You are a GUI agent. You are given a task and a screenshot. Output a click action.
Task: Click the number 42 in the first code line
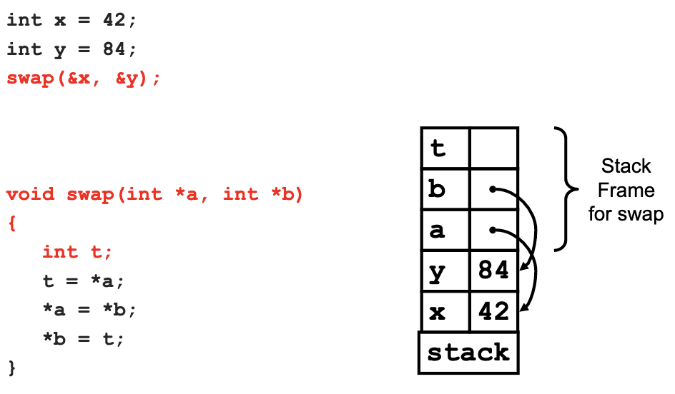pyautogui.click(x=114, y=20)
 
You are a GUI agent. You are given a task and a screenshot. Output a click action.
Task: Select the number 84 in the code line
pyautogui.click(x=114, y=49)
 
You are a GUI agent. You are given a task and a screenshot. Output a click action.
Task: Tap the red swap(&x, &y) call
pyautogui.click(x=84, y=79)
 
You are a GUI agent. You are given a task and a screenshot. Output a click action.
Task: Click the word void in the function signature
pyautogui.click(x=31, y=194)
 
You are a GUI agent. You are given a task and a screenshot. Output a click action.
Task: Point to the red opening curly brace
pyautogui.click(x=12, y=223)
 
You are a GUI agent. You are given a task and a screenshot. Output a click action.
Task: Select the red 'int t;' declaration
pyautogui.click(x=77, y=252)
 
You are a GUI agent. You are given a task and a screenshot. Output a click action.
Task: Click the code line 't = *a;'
pyautogui.click(x=83, y=281)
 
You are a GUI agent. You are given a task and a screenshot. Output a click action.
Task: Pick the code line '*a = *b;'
pyautogui.click(x=89, y=310)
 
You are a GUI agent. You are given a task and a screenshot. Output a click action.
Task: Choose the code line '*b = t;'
pyautogui.click(x=83, y=339)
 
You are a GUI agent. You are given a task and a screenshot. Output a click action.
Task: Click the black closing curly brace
pyautogui.click(x=12, y=368)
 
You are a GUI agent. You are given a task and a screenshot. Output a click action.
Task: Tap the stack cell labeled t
pyautogui.click(x=445, y=147)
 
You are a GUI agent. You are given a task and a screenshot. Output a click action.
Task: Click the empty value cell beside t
pyautogui.click(x=494, y=147)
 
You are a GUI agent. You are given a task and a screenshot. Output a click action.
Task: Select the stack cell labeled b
pyautogui.click(x=445, y=188)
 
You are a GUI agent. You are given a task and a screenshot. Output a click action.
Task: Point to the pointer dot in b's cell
pyautogui.click(x=493, y=189)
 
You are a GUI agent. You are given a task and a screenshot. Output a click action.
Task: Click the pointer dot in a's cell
pyautogui.click(x=493, y=231)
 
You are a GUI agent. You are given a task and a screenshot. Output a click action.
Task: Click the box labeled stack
pyautogui.click(x=468, y=353)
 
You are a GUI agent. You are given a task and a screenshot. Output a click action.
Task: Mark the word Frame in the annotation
pyautogui.click(x=626, y=191)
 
